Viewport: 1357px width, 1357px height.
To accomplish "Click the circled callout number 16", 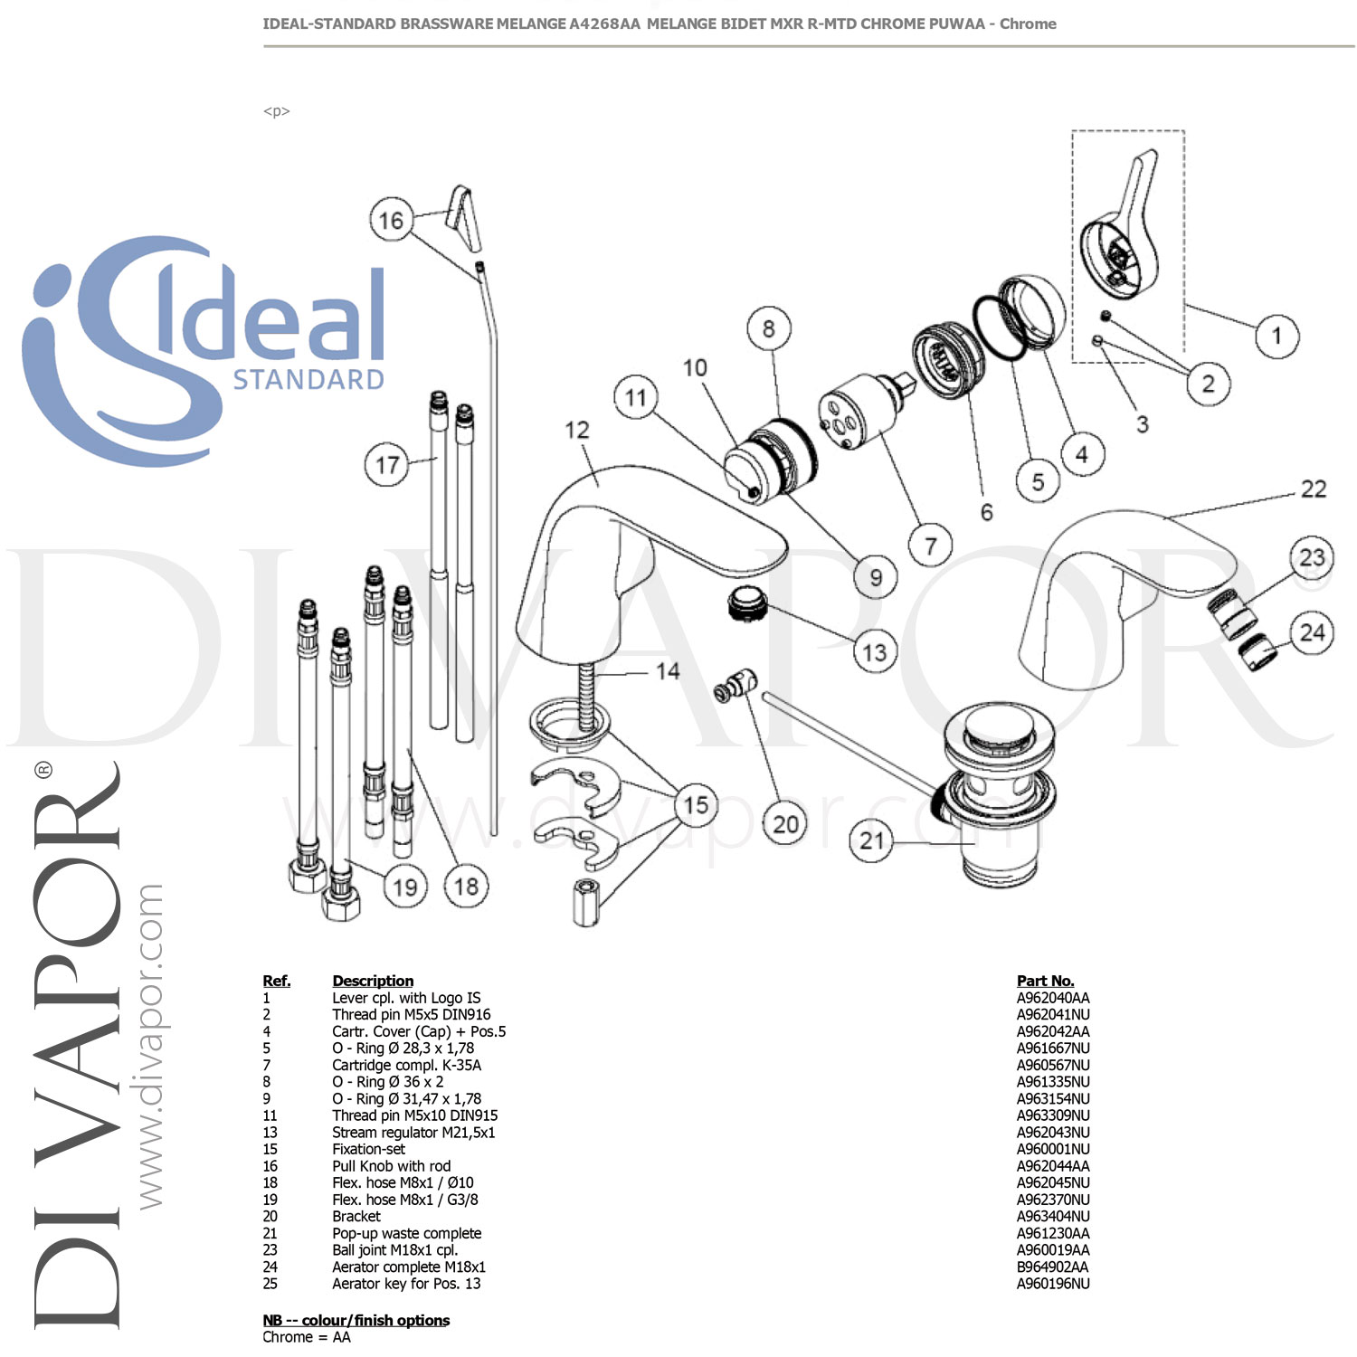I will pyautogui.click(x=391, y=221).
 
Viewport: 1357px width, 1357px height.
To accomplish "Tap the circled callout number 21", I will pyautogui.click(x=871, y=841).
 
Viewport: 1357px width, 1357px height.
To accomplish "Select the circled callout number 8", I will pyautogui.click(x=768, y=328).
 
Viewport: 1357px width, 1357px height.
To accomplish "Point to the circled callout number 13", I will pyautogui.click(x=875, y=652).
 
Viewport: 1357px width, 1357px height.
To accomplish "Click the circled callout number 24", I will pyautogui.click(x=1312, y=632).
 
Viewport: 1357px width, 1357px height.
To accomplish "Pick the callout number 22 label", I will pyautogui.click(x=1313, y=489).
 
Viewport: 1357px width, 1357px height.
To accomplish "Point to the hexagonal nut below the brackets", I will pyautogui.click(x=585, y=901).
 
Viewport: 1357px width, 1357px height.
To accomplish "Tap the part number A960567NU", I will pyautogui.click(x=1052, y=1065).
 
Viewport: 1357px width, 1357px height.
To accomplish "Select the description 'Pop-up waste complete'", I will pyautogui.click(x=406, y=1233).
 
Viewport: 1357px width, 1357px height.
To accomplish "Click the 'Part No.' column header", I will pyautogui.click(x=1045, y=981).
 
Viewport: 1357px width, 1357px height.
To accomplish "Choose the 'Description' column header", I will pyautogui.click(x=372, y=981).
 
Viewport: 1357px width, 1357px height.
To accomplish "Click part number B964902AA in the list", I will pyautogui.click(x=1052, y=1267).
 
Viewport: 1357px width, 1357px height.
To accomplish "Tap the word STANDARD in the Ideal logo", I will pyautogui.click(x=308, y=380).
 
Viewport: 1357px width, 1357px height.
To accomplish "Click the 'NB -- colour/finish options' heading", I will pyautogui.click(x=356, y=1320).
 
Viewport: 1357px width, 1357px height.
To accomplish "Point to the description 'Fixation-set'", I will pyautogui.click(x=368, y=1149).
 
